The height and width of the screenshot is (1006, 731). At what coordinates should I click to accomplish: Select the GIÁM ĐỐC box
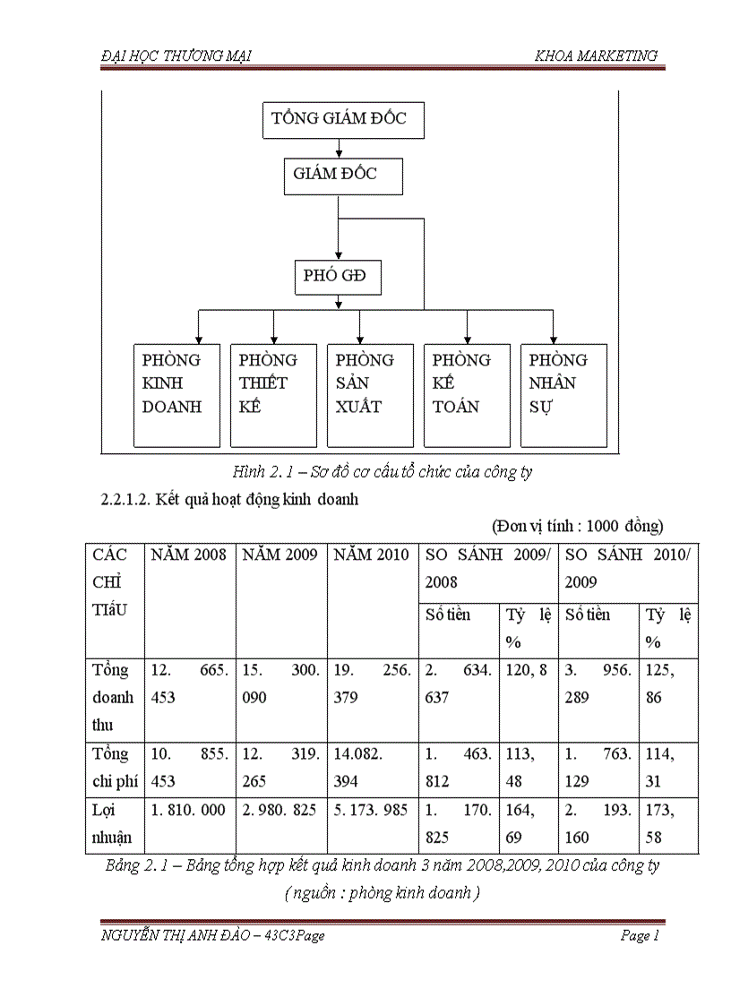point(338,176)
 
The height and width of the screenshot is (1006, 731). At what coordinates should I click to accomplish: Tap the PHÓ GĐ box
point(338,277)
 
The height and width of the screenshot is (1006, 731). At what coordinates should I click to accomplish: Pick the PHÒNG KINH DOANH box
point(176,395)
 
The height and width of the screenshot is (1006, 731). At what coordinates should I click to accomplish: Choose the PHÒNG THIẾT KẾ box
point(273,395)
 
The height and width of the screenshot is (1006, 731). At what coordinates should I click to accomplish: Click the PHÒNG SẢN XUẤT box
point(370,395)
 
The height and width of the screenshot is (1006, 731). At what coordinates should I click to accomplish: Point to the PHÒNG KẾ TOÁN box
point(467,395)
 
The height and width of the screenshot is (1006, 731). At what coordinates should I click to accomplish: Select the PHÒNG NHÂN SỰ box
point(563,395)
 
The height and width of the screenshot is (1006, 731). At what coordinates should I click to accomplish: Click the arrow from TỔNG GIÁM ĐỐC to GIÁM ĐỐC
point(339,149)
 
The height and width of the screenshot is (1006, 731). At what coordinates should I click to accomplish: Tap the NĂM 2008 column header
point(189,555)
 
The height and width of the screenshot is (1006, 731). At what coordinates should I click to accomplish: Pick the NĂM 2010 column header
point(372,555)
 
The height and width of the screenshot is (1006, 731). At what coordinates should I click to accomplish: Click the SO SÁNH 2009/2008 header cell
point(488,569)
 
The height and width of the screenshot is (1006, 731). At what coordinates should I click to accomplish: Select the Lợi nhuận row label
point(112,824)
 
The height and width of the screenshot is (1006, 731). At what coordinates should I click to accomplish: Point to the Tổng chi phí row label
point(114,768)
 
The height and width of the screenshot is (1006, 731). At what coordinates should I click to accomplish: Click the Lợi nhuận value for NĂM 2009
point(280,811)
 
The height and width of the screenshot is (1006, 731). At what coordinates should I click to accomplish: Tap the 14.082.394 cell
point(372,768)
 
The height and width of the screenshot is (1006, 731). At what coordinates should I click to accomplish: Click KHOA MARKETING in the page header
point(596,56)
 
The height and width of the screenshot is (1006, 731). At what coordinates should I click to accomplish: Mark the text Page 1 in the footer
point(640,936)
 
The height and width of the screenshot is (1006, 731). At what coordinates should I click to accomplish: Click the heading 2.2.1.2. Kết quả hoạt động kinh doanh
point(230,500)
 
